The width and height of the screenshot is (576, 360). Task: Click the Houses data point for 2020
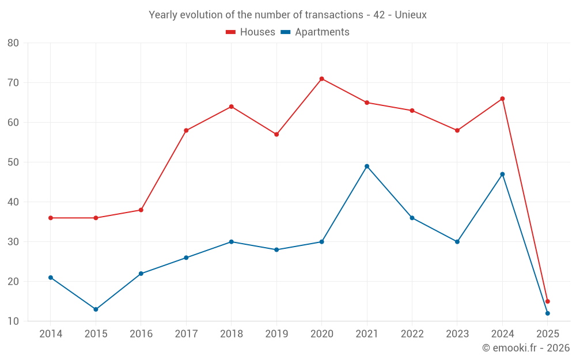[x=321, y=79]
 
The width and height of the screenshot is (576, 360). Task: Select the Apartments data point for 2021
[x=367, y=166]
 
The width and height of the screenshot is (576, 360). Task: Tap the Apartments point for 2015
[x=96, y=309]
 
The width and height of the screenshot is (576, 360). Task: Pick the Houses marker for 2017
[x=186, y=131]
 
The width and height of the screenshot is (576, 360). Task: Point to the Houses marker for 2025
[x=548, y=301]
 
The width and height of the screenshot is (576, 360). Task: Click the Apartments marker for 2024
[x=502, y=174]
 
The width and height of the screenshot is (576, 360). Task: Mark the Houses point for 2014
[x=51, y=218]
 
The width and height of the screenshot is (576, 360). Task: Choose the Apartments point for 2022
[x=412, y=218]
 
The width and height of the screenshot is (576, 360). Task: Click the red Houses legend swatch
[x=230, y=32]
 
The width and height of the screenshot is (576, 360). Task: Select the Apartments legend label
[x=322, y=32]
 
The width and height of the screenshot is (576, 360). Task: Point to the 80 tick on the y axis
[x=13, y=43]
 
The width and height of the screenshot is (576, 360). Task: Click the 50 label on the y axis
[x=13, y=162]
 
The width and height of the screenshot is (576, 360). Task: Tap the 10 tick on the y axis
[x=13, y=321]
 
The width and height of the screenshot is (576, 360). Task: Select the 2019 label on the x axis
[x=276, y=334]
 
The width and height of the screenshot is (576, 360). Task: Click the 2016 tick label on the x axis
[x=141, y=334]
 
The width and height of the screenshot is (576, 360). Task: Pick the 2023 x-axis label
[x=457, y=334]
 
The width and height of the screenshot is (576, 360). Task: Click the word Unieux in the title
[x=410, y=15]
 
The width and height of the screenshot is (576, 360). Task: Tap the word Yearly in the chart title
[x=163, y=15]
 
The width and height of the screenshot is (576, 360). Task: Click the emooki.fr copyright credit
[x=525, y=348]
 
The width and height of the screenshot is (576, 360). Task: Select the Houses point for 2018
[x=231, y=107]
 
